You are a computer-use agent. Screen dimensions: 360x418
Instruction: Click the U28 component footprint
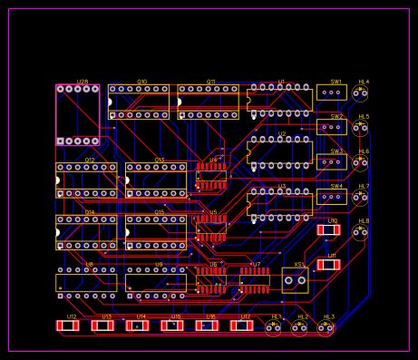78,115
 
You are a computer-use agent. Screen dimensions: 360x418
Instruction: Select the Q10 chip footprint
139,102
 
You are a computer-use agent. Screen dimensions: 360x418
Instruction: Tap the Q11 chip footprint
209,102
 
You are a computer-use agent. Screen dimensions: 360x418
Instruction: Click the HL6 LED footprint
361,162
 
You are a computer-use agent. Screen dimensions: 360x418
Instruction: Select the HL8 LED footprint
361,232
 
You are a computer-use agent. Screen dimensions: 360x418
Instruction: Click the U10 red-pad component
328,230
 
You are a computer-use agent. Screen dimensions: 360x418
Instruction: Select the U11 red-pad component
328,266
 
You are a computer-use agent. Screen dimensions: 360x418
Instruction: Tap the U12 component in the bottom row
68,326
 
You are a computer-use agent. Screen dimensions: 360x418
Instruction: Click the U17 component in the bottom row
241,326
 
